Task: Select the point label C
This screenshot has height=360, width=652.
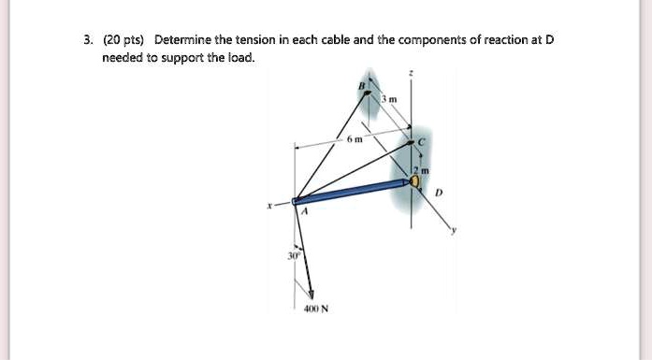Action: (x=422, y=140)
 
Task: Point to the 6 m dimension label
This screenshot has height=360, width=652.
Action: (x=350, y=138)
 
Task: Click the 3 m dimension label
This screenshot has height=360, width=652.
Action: (x=392, y=100)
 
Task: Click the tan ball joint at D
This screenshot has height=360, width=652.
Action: (x=414, y=180)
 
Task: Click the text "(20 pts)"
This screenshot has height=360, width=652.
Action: (x=122, y=40)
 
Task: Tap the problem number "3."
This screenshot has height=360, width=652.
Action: (x=87, y=40)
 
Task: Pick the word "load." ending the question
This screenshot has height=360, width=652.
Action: (x=239, y=58)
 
